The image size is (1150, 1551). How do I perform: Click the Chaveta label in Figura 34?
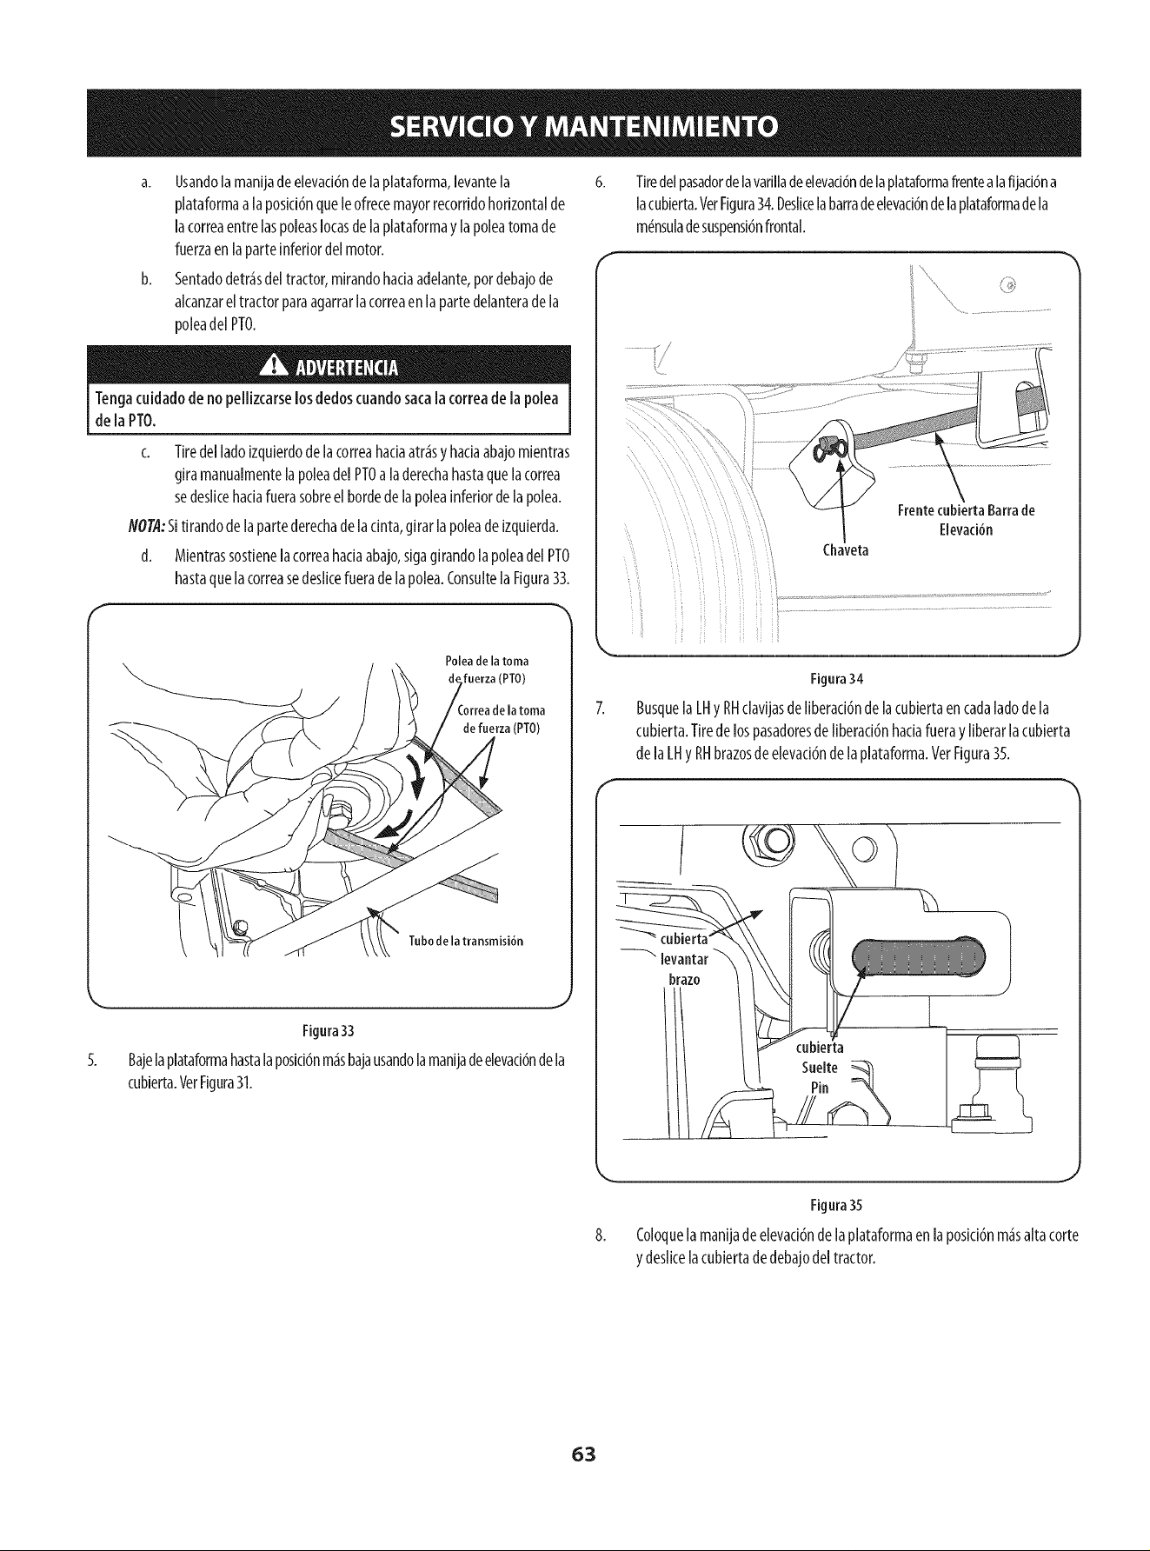[x=845, y=551]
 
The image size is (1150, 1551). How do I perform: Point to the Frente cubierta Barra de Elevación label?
[x=966, y=520]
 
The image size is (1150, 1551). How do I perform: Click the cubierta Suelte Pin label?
[x=820, y=1067]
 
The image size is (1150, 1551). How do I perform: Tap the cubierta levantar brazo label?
[x=685, y=959]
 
